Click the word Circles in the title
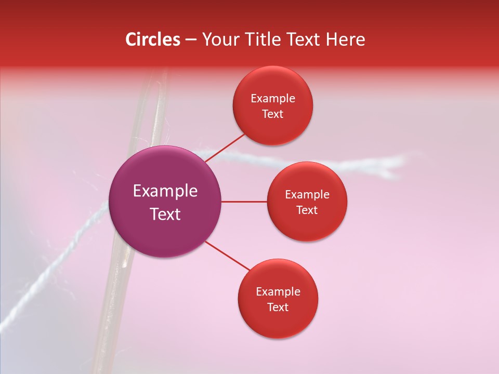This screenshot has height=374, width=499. point(152,39)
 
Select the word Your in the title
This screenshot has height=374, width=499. point(219,39)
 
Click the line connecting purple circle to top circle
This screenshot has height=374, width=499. point(225,147)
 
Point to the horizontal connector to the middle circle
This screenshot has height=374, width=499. point(244,202)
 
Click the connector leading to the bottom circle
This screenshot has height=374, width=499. point(227,256)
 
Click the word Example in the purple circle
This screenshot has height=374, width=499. point(165,191)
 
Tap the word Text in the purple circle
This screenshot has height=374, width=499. point(165,214)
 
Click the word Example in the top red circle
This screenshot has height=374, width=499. point(273,99)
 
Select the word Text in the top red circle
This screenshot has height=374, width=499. point(273,114)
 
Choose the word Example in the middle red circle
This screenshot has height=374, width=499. point(307,195)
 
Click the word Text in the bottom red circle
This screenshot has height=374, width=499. point(278,308)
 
